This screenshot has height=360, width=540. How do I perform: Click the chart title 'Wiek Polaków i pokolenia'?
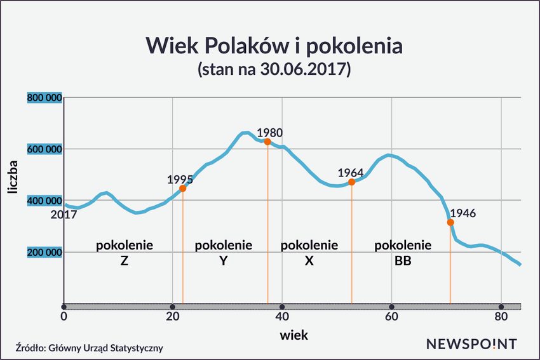273,46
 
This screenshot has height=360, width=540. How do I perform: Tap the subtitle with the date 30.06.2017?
274,69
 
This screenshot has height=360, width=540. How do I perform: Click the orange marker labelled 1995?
183,188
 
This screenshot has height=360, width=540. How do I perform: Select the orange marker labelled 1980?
267,142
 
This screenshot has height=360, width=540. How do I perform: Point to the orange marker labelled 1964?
351,182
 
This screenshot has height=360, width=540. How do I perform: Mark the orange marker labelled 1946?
450,222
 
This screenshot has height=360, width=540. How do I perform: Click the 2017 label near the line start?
64,215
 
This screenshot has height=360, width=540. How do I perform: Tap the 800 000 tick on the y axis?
44,98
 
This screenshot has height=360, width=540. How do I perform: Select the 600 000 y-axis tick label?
44,149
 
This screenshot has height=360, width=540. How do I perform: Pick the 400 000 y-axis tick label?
44,201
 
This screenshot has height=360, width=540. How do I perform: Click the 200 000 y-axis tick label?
44,252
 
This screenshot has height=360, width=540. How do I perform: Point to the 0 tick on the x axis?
64,316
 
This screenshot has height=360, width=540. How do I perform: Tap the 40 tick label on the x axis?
282,316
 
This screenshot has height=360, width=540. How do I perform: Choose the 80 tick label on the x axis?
501,316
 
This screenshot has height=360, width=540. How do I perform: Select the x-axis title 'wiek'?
294,335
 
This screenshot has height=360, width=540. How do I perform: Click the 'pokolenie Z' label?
125,252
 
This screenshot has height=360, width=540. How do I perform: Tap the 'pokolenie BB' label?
403,252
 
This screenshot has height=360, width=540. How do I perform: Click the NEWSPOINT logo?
471,344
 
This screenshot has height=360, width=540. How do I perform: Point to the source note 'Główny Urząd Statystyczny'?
90,347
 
